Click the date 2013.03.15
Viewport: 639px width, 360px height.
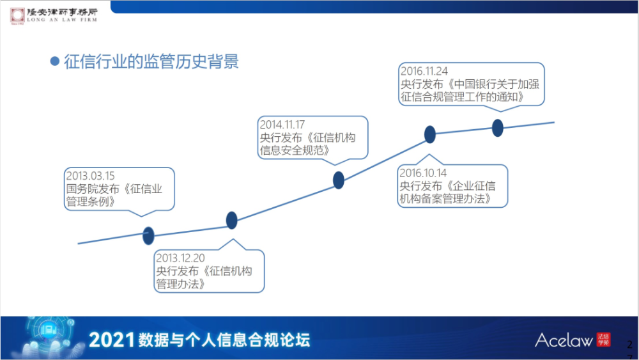pos(91,176)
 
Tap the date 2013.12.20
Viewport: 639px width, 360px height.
pos(180,258)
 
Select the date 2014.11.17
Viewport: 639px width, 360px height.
pos(282,124)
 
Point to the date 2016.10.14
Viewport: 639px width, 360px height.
pos(423,173)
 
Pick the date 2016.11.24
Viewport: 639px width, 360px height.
pos(424,71)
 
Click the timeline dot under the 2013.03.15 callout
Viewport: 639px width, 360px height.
pos(148,236)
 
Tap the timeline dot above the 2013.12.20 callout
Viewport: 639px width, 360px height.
pos(231,221)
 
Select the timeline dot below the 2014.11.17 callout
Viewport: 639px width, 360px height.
pos(338,180)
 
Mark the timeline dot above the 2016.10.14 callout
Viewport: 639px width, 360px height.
pos(429,134)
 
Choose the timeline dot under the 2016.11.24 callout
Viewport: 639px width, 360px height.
pos(497,128)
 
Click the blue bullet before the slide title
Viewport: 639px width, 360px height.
pos(54,61)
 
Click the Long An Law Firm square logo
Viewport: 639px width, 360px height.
pos(17,15)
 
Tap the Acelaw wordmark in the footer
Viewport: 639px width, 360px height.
pos(564,340)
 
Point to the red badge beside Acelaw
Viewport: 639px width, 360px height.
pos(604,339)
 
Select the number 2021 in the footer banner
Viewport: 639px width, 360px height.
pos(112,340)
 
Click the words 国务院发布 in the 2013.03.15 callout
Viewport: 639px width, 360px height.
pos(93,189)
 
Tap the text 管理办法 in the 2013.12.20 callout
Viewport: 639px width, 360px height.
pos(177,284)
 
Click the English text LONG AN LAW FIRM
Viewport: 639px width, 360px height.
pos(62,20)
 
